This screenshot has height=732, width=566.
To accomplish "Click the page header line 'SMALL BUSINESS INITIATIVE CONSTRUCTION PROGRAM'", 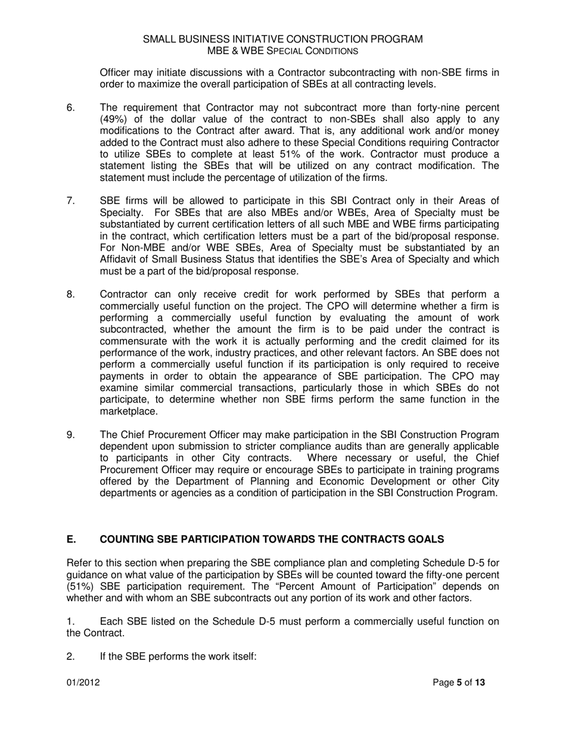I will (x=283, y=39).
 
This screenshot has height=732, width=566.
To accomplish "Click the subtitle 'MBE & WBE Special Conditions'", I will (x=283, y=51).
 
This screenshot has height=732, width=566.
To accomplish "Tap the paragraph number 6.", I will (x=70, y=108).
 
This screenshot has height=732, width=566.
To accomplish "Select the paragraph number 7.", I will (x=70, y=201).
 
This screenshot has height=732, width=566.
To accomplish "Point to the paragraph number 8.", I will (x=70, y=295).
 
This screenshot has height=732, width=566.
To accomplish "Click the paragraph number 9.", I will (x=70, y=435).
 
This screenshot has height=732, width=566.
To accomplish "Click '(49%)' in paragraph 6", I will (x=113, y=120).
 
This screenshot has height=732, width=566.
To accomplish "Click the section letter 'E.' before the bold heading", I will (x=71, y=540).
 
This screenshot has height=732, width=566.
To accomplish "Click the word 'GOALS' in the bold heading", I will (x=425, y=540).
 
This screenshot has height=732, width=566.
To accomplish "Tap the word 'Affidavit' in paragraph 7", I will (x=120, y=259).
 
